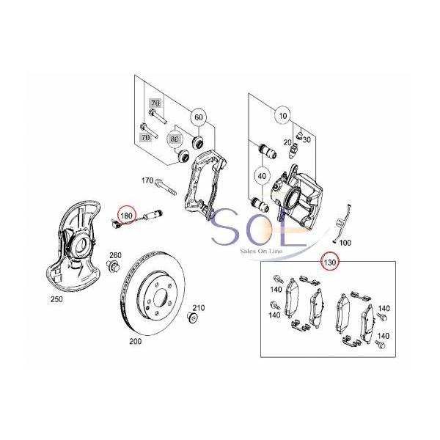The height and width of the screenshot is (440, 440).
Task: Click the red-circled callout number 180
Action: click(126, 216)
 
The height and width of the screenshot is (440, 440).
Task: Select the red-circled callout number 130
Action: click(330, 263)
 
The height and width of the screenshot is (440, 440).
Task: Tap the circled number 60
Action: click(199, 117)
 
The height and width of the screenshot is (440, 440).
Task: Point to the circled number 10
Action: click(283, 116)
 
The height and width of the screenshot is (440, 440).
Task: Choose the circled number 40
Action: click(262, 176)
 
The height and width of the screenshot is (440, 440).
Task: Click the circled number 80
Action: click(175, 139)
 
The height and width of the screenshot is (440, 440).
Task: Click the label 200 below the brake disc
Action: click(136, 342)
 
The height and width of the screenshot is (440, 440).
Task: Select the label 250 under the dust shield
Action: click(56, 299)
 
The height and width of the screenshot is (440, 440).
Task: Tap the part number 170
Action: click(147, 180)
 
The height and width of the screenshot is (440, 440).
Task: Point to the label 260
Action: click(115, 255)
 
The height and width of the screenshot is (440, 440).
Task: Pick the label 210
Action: click(199, 308)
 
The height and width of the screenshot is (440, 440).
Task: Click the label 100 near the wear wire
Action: click(345, 243)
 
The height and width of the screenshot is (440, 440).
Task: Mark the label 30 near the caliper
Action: click(307, 139)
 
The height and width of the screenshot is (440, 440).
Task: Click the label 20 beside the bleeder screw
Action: click(287, 142)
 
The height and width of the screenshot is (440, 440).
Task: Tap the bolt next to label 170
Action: click(166, 186)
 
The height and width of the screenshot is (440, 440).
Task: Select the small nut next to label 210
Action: click(192, 318)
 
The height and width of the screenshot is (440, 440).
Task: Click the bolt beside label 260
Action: click(113, 265)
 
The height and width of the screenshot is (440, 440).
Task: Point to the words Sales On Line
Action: click(261, 251)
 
